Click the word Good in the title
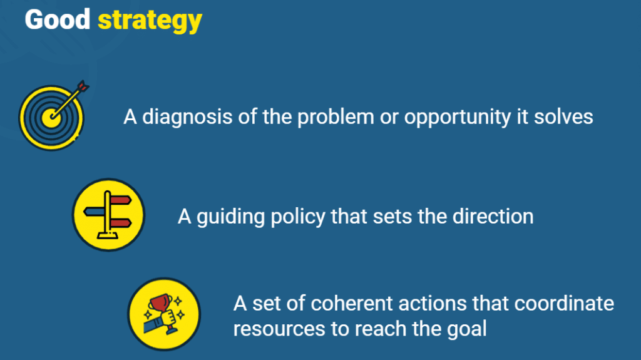(57, 19)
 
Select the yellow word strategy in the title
(150, 21)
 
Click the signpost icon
(108, 215)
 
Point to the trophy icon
(164, 314)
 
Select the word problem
(336, 118)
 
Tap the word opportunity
(458, 118)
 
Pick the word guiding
(230, 217)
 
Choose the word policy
(297, 217)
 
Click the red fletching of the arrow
(83, 86)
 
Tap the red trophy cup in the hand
(161, 303)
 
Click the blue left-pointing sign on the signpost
(94, 212)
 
